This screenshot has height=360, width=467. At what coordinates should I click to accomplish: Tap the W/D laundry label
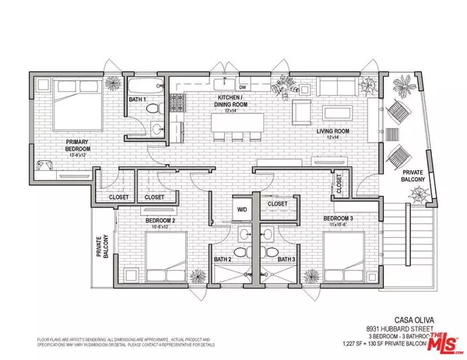(242, 208)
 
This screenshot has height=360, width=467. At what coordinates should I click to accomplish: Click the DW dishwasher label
(243, 87)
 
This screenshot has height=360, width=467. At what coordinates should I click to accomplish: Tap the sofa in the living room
(328, 87)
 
